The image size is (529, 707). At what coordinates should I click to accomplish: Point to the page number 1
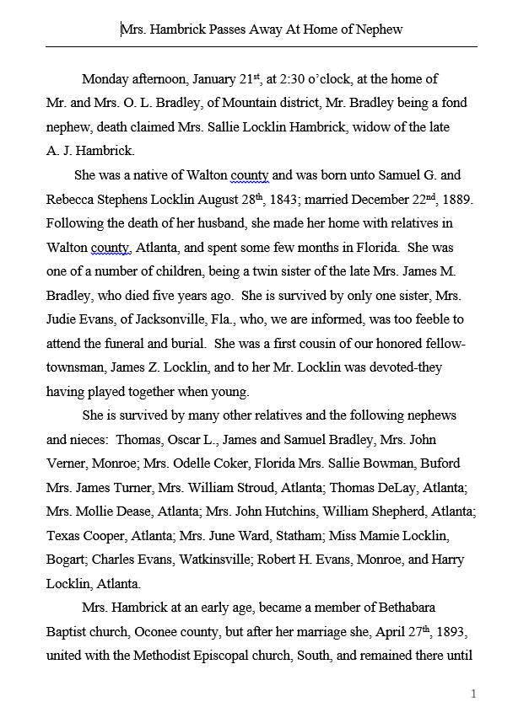(474, 693)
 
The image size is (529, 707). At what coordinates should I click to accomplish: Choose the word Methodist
(162, 655)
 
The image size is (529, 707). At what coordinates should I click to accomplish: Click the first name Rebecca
(71, 200)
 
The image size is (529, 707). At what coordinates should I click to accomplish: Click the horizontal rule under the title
(262, 46)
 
